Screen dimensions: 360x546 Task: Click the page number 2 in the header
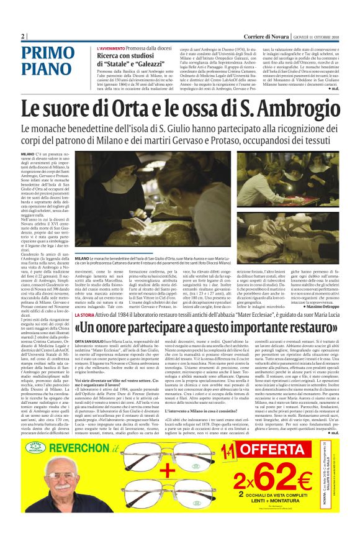pos(22,36)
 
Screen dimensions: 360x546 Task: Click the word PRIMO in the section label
pos(47,54)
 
